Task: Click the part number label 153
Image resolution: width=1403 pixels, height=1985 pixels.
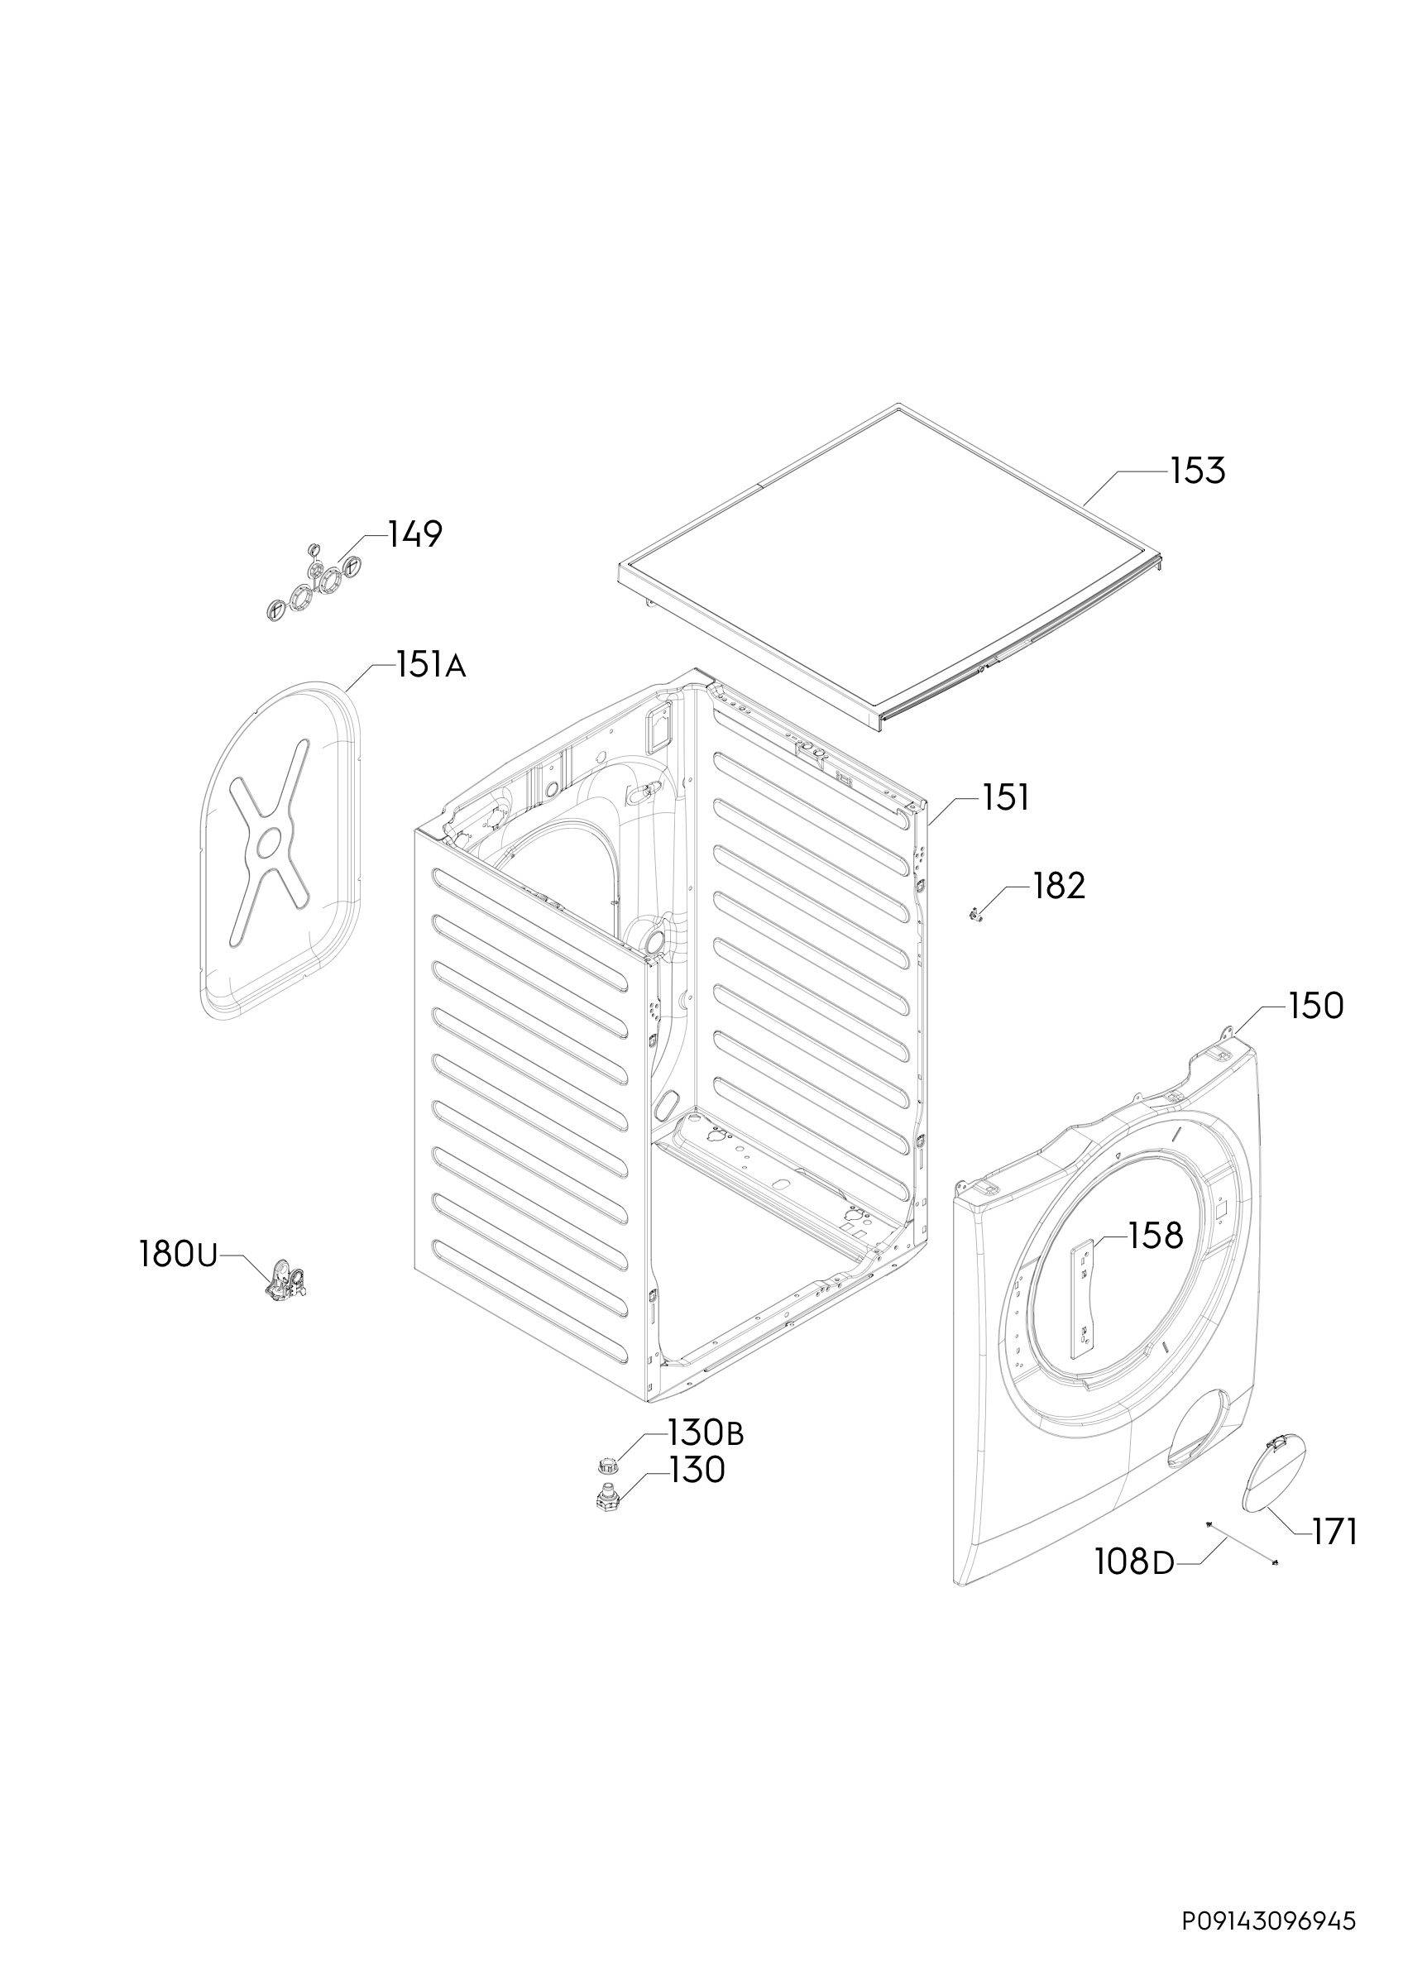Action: [x=1198, y=471]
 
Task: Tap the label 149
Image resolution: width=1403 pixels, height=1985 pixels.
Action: [x=415, y=534]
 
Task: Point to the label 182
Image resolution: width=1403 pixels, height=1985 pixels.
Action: [x=1059, y=885]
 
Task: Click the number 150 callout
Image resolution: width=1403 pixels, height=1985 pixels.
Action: [x=1315, y=1007]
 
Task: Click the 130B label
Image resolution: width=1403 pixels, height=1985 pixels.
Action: [x=706, y=1433]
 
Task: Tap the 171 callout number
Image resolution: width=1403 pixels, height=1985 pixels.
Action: [x=1334, y=1532]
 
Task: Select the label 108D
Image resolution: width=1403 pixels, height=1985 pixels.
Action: [x=1134, y=1562]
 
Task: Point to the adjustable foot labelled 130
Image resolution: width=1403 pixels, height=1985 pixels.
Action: [x=608, y=1495]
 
